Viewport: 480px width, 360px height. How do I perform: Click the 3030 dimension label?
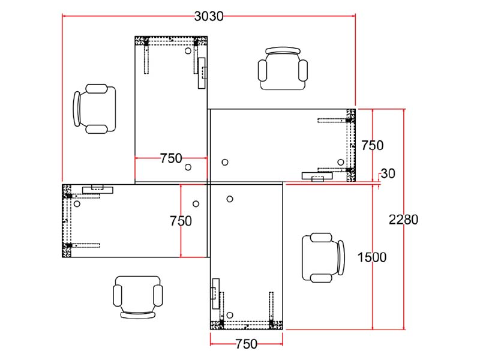[209, 16]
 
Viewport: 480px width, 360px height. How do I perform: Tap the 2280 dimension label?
[403, 220]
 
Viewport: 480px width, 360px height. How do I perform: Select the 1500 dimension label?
[372, 257]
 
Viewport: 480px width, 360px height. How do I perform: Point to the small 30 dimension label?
[388, 173]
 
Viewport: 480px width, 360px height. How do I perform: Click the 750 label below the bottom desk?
[247, 344]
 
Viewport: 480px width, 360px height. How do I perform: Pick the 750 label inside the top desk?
[171, 158]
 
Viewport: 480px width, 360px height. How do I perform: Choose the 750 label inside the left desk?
[181, 221]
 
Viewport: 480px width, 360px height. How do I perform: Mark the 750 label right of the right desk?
[372, 145]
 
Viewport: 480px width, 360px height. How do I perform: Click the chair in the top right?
[283, 68]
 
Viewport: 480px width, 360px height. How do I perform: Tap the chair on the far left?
[95, 109]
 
